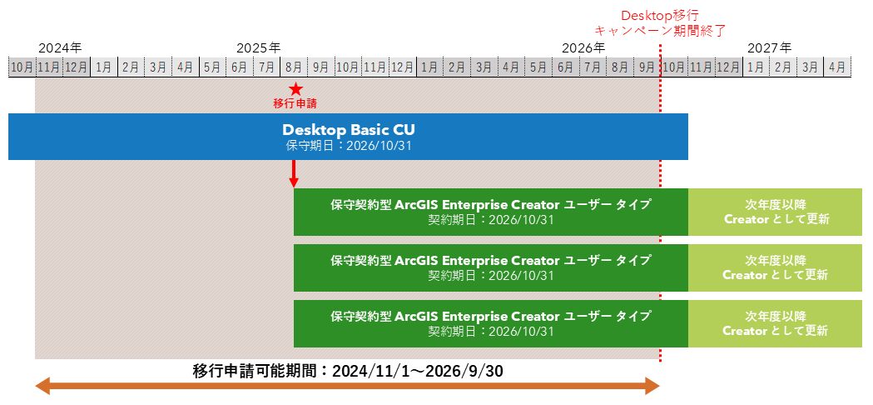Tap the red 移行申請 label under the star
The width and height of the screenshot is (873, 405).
point(295,104)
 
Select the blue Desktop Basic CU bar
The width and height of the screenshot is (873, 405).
point(348,137)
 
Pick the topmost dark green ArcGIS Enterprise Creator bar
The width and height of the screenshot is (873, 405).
point(490,212)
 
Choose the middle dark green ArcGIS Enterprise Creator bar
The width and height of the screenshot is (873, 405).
point(490,267)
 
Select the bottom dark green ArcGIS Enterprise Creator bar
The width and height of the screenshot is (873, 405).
point(490,323)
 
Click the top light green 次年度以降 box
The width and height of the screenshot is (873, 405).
point(775,212)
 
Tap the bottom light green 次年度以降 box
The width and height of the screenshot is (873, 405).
point(775,323)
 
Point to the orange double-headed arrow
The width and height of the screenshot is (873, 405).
point(347,386)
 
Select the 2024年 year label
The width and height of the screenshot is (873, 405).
point(60,47)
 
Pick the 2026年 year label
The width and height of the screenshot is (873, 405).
point(583,47)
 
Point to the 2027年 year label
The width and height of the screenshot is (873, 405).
point(769,47)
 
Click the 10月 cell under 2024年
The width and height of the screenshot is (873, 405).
point(22,67)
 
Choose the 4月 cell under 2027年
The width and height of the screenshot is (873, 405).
point(836,67)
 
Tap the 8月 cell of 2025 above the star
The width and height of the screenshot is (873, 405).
point(294,67)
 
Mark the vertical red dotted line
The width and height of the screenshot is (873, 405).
point(660,250)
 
